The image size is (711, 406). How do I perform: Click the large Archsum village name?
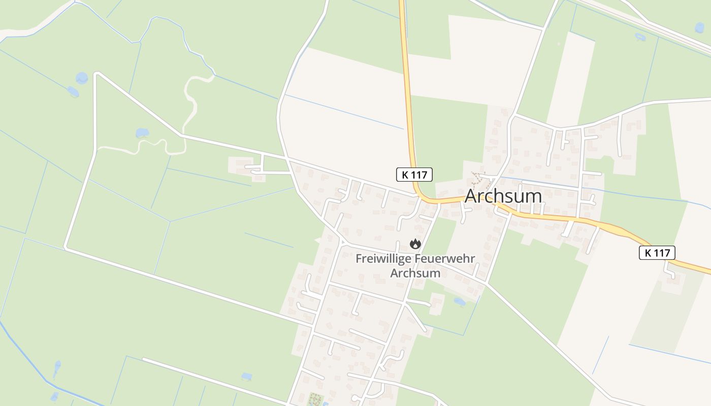pyautogui.click(x=503, y=196)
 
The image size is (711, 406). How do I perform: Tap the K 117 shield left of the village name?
pyautogui.click(x=414, y=175)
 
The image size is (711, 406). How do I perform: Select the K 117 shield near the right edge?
pyautogui.click(x=657, y=253)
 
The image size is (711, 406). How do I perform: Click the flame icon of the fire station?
pyautogui.click(x=415, y=244)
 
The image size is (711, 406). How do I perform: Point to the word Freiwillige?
pyautogui.click(x=383, y=259)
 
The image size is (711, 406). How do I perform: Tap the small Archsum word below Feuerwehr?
pyautogui.click(x=415, y=273)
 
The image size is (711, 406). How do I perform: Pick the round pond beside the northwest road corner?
pyautogui.click(x=82, y=78)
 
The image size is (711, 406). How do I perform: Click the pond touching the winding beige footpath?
pyautogui.click(x=142, y=133)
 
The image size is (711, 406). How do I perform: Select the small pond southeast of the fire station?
pyautogui.click(x=460, y=302)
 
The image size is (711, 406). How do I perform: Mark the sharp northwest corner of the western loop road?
pyautogui.click(x=97, y=74)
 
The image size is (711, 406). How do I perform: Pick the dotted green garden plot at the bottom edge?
pyautogui.click(x=315, y=399)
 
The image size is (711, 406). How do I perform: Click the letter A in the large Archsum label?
pyautogui.click(x=472, y=196)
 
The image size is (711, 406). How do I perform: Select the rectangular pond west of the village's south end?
pyautogui.click(x=247, y=377)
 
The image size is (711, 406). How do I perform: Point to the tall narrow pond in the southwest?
pyautogui.click(x=57, y=369)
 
